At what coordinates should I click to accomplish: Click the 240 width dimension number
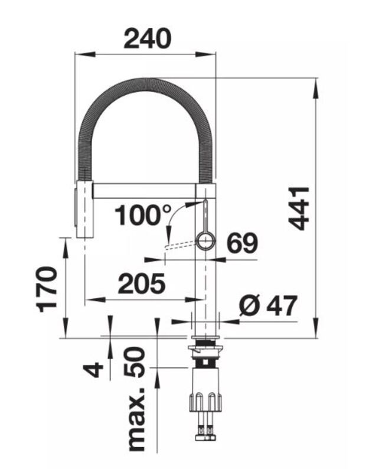pos(147,38)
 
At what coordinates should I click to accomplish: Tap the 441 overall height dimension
pos(298,208)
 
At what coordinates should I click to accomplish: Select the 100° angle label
pos(143,215)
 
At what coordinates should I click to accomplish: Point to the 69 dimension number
pos(242,243)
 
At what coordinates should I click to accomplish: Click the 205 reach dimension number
pos(142,283)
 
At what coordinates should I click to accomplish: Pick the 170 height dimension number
pos(47,289)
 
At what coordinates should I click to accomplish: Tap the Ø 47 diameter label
pos(268,305)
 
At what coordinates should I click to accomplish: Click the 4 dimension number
pos(93,369)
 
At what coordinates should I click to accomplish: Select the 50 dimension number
pos(134,361)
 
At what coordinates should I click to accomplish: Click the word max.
pos(136,419)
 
